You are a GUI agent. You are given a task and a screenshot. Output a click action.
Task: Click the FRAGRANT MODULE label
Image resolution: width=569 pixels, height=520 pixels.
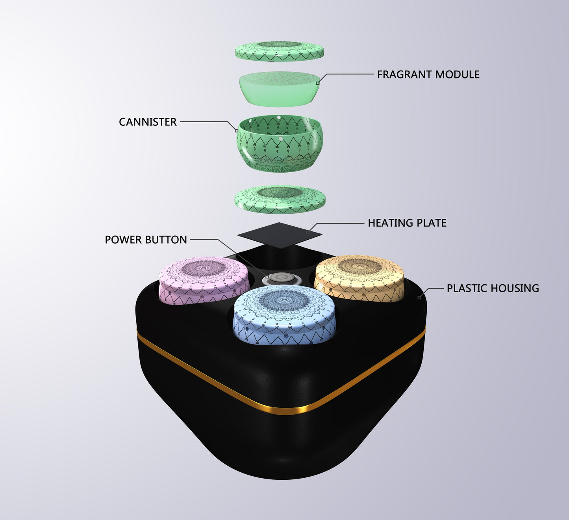(428, 75)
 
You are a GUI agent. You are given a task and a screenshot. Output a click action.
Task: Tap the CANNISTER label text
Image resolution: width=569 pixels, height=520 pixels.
(148, 122)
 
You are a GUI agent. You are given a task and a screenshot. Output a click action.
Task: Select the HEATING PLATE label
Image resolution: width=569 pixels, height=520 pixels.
(407, 223)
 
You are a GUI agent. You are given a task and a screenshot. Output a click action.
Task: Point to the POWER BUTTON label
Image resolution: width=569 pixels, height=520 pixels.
(146, 240)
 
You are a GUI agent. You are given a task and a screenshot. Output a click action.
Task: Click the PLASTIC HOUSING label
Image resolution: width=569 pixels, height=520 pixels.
(493, 288)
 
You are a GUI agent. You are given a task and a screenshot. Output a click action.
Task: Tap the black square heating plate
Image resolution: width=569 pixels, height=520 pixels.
(280, 235)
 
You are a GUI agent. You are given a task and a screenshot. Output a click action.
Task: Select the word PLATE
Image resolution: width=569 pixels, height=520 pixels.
(432, 223)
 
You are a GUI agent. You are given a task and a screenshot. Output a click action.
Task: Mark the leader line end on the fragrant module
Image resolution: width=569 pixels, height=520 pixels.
(318, 83)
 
